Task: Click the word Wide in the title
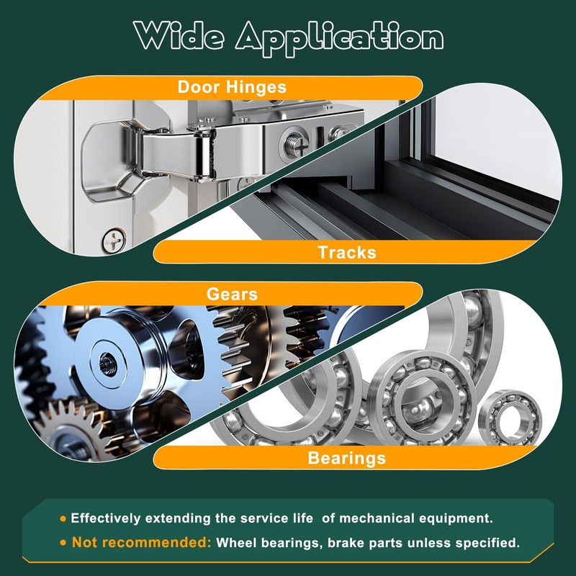coord(179,35)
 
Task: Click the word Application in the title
coord(339,39)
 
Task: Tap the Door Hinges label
coord(232,87)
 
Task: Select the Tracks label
coord(347,253)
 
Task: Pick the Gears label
coord(232,294)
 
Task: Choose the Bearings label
coord(347,458)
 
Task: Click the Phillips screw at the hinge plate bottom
coord(114,240)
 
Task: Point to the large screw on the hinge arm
coord(297,145)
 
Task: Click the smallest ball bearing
coord(510,417)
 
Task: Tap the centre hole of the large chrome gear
coord(107,361)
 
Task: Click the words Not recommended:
coord(141,542)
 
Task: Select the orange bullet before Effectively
coord(63,518)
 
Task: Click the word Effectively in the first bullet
coord(106,518)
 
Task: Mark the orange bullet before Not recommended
coord(63,543)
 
